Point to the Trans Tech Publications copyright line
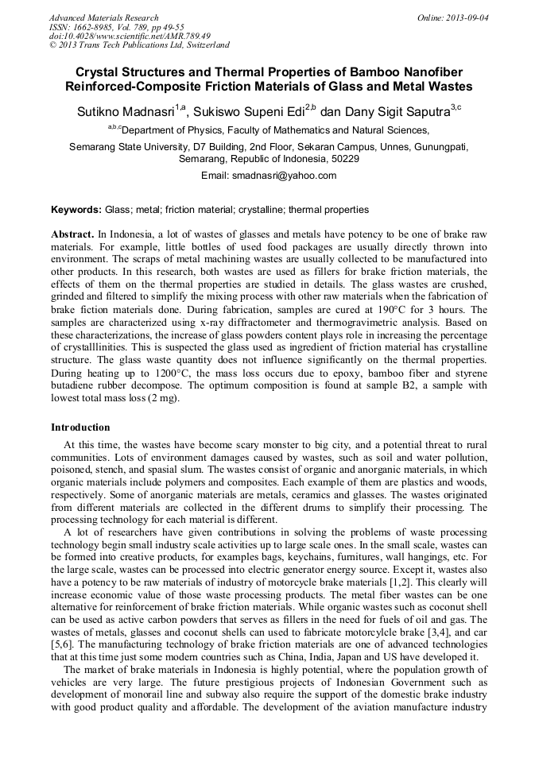tap(139, 45)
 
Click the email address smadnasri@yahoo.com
tap(269, 176)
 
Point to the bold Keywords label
tap(76, 211)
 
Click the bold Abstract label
tap(72, 236)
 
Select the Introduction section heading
tap(80, 427)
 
